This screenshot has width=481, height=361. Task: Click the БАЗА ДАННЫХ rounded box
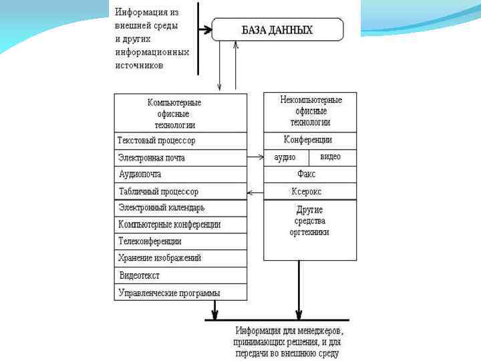[277, 30]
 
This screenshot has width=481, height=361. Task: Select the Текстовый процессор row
[180, 140]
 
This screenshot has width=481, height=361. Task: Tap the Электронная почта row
[180, 158]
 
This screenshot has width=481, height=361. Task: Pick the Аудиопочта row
[180, 174]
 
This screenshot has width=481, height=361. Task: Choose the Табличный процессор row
[180, 191]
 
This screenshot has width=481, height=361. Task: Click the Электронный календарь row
[180, 208]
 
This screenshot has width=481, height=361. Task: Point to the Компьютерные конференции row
[180, 225]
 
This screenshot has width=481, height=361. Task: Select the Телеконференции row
[180, 241]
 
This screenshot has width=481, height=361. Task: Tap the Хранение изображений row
[180, 258]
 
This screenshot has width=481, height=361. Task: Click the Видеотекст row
[180, 275]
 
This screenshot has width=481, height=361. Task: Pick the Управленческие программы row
[180, 292]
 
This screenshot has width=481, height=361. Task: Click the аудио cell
[286, 157]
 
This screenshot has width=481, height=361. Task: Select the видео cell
[332, 157]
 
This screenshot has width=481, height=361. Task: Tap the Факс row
[309, 174]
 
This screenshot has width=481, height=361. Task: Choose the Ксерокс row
[309, 191]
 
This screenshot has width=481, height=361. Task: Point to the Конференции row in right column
[309, 140]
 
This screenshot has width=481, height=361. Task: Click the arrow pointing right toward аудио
[255, 158]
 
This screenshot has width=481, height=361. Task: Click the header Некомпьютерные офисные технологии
[309, 111]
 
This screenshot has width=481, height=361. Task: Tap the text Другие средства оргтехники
[309, 221]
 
